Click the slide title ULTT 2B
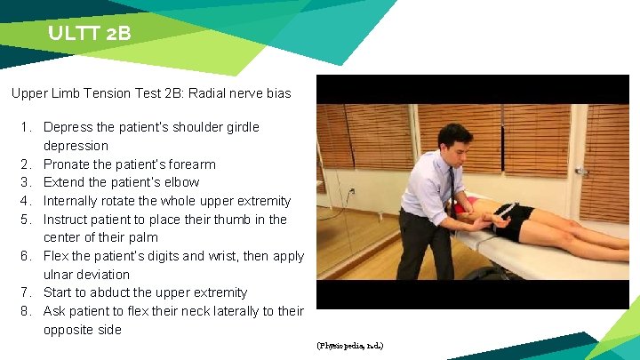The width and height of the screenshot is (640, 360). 90,34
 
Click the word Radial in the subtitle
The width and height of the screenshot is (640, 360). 188,92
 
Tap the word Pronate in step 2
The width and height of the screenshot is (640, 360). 68,164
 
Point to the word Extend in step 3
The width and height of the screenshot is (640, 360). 65,182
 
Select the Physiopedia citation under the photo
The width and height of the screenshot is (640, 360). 350,345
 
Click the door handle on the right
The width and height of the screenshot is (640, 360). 581,170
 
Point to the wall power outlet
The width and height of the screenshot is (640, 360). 350,191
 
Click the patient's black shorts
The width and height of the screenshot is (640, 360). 518,220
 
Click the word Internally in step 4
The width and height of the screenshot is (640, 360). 73,201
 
